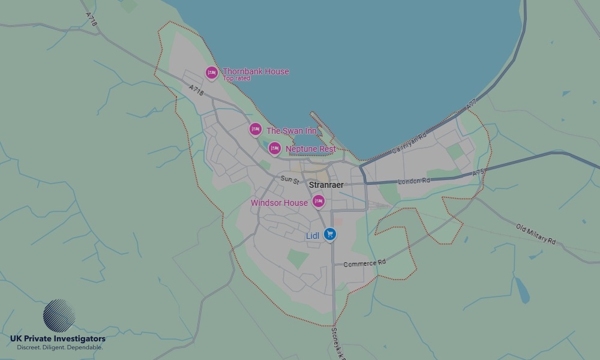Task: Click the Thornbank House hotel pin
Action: click(x=211, y=73)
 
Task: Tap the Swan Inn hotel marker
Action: click(x=256, y=129)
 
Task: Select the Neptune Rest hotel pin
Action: click(x=274, y=148)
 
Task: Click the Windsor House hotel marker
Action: click(x=319, y=201)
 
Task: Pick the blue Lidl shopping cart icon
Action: click(x=329, y=235)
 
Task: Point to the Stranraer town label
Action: click(x=326, y=185)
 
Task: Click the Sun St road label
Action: click(x=289, y=179)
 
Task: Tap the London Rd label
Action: click(x=414, y=181)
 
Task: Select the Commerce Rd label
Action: click(x=364, y=263)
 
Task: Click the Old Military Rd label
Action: click(x=536, y=233)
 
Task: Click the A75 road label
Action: click(x=478, y=172)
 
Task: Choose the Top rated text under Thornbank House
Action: click(x=236, y=79)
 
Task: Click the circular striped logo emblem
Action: click(x=59, y=316)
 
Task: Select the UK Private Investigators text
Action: click(x=58, y=339)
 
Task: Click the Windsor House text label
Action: click(x=279, y=203)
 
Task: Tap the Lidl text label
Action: click(x=313, y=236)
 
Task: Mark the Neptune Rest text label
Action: click(x=311, y=149)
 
